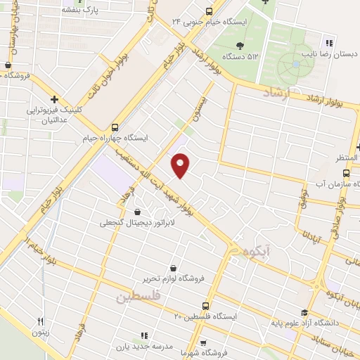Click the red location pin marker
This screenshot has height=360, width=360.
pyautogui.click(x=181, y=166)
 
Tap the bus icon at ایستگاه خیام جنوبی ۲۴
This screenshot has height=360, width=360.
pyautogui.click(x=209, y=11)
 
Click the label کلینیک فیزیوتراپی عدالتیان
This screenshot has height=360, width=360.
pyautogui.click(x=54, y=115)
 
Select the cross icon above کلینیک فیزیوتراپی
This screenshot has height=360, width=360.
pyautogui.click(x=54, y=100)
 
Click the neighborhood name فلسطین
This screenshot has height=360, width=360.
pyautogui.click(x=139, y=297)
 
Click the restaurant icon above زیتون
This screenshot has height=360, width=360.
pyautogui.click(x=41, y=323)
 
